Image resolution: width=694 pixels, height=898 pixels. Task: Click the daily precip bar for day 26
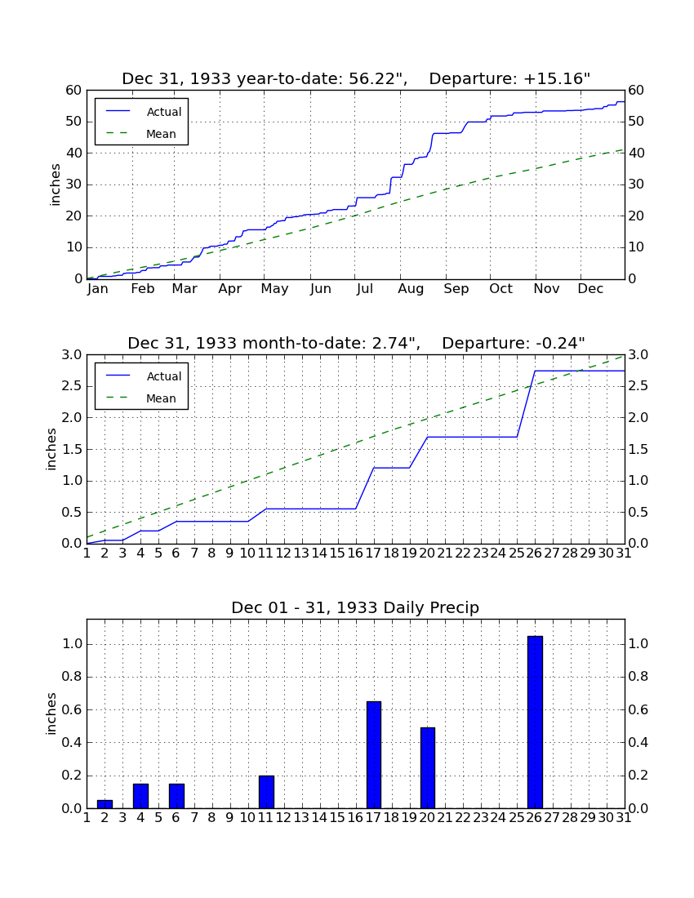[535, 722]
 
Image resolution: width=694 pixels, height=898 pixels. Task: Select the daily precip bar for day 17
[374, 755]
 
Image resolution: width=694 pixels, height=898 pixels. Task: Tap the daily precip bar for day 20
[428, 768]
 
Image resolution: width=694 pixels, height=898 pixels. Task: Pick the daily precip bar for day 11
[266, 792]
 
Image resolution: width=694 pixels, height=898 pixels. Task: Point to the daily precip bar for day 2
[105, 804]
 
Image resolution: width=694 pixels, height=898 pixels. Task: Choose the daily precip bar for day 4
[141, 796]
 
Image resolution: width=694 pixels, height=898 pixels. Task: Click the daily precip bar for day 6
[176, 796]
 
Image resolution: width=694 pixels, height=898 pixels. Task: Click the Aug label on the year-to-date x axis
[412, 289]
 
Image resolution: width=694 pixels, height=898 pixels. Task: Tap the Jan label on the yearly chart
[98, 289]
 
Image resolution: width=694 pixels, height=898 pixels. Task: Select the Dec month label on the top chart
[590, 289]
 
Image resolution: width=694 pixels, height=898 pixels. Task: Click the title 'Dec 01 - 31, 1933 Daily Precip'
[355, 607]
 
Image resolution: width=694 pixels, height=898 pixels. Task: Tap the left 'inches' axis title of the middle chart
[51, 450]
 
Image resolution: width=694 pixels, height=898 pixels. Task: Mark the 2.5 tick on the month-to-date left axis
[72, 387]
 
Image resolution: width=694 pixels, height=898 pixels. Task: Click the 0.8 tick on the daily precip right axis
[638, 677]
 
